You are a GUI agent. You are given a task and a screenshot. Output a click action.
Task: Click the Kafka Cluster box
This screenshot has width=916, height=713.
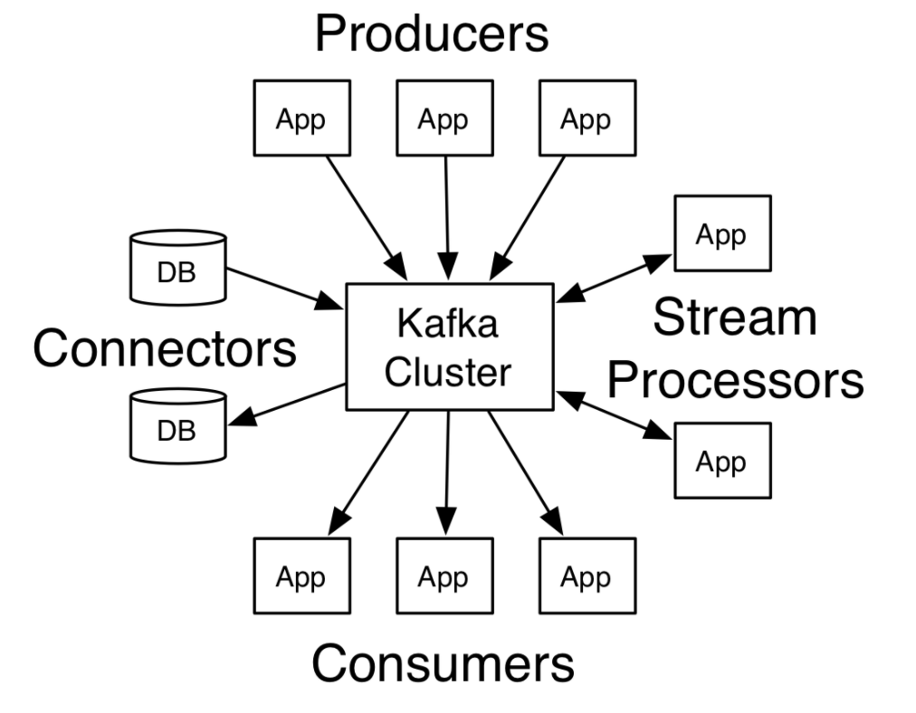[x=449, y=347]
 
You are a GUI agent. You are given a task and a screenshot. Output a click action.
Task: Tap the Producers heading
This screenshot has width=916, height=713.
[x=431, y=34]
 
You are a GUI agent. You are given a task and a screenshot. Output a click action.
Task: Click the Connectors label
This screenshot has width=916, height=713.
[x=165, y=347]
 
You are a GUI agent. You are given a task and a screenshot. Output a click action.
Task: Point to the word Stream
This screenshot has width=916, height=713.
[x=734, y=318]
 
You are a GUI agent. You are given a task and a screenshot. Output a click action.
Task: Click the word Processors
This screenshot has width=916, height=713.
[x=735, y=381]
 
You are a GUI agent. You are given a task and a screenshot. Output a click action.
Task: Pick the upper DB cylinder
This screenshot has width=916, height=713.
[x=177, y=267]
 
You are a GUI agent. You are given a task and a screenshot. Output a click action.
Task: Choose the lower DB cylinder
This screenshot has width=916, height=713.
[x=177, y=425]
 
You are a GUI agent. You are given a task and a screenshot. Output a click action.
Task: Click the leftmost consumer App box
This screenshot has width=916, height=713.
[x=301, y=576]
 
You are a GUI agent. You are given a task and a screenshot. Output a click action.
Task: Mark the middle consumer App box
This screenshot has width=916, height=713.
[x=444, y=576]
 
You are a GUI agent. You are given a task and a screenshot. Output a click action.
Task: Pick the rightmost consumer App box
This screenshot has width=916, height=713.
[x=587, y=576]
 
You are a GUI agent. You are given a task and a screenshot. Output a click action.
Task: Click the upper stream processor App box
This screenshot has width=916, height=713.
[x=721, y=233]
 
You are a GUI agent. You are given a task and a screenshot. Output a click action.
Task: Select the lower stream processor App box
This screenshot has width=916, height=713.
[x=721, y=461]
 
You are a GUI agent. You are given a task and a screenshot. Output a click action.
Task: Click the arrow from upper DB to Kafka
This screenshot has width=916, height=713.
[x=282, y=288]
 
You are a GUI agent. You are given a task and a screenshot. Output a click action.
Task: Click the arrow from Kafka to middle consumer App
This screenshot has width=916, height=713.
[x=446, y=475]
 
